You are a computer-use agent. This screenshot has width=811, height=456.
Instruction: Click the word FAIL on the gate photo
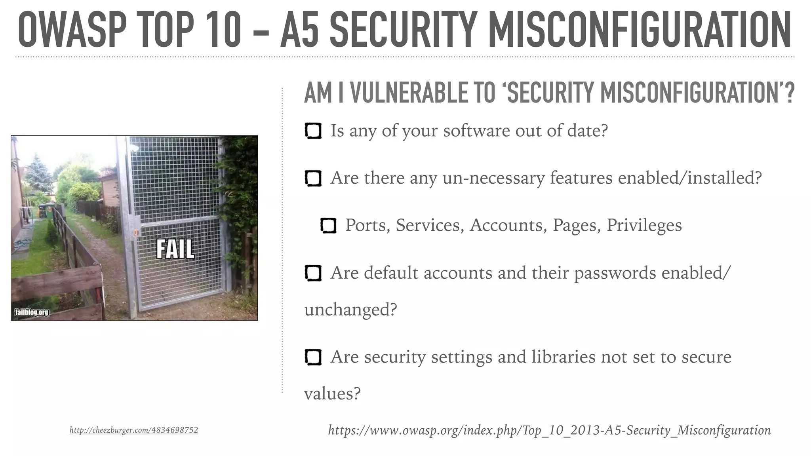(x=175, y=249)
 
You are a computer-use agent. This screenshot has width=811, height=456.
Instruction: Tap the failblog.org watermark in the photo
(x=32, y=312)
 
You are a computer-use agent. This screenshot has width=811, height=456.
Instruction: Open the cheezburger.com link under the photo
(x=134, y=430)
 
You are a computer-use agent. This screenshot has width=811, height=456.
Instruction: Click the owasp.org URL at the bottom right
(x=549, y=430)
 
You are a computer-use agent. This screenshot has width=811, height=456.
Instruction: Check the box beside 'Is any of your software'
(x=313, y=131)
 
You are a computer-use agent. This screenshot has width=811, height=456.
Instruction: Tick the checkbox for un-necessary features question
(x=313, y=178)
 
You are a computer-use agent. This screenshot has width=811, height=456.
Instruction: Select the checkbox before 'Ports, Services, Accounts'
(x=328, y=226)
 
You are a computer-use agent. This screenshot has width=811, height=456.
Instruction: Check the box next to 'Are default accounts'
(x=313, y=273)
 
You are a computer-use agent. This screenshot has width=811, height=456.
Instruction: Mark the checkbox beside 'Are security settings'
(x=313, y=357)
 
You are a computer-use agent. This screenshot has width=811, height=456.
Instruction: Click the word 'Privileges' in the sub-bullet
(x=644, y=225)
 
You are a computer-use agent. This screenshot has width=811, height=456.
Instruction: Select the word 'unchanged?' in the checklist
(x=350, y=310)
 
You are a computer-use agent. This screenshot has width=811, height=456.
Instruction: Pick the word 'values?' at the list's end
(x=332, y=393)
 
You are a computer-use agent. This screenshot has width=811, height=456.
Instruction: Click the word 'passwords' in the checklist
(x=615, y=273)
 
